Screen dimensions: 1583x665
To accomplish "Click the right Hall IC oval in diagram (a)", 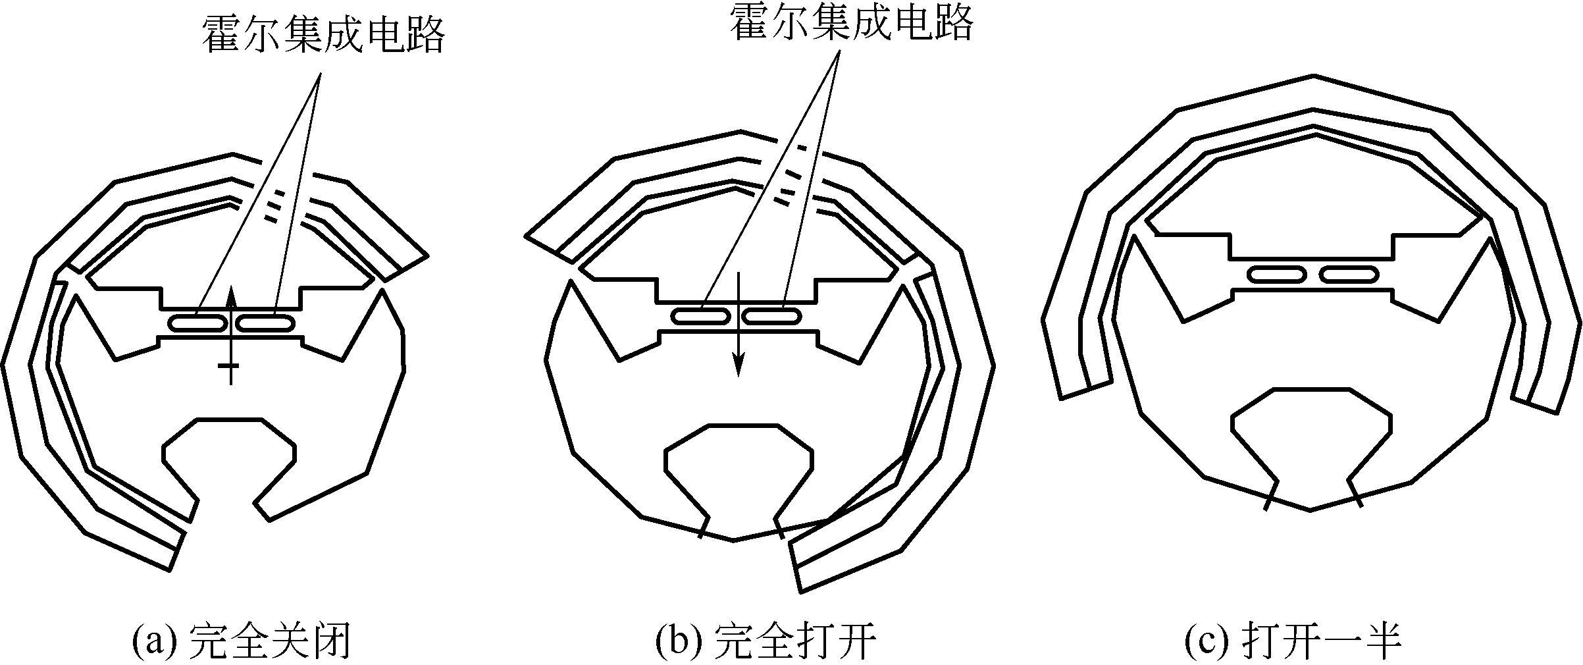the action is tap(266, 323).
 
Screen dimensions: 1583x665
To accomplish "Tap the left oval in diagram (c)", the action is tap(1277, 275).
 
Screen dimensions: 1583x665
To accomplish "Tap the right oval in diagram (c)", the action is tap(1349, 275).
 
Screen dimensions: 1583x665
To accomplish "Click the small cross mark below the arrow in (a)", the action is tap(230, 366).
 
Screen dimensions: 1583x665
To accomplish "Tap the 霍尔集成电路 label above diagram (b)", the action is tap(852, 24).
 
